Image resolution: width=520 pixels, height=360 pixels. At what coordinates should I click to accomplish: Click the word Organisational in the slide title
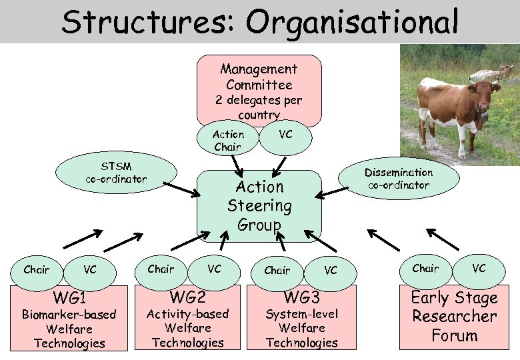tap(353, 22)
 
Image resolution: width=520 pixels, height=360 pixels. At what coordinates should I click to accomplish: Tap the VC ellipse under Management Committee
tap(285, 135)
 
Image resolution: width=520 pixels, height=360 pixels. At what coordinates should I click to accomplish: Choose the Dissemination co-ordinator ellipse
tap(399, 178)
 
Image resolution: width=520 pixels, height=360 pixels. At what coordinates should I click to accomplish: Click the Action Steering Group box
tap(259, 205)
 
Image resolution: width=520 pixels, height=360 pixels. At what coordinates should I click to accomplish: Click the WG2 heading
tap(187, 296)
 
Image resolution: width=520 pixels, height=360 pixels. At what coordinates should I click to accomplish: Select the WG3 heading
tap(302, 296)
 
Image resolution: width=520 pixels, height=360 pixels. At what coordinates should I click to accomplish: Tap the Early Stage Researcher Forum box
tap(454, 316)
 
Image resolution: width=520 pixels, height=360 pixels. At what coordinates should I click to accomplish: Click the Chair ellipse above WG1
tap(37, 270)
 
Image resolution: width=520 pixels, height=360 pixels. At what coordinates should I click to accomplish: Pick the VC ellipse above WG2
tap(214, 269)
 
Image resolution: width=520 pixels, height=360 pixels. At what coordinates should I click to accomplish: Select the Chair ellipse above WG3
tap(277, 270)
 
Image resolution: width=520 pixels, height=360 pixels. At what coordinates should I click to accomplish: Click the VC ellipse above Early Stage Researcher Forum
tap(479, 268)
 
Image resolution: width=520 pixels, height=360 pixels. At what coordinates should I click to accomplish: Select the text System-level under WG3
tap(302, 314)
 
